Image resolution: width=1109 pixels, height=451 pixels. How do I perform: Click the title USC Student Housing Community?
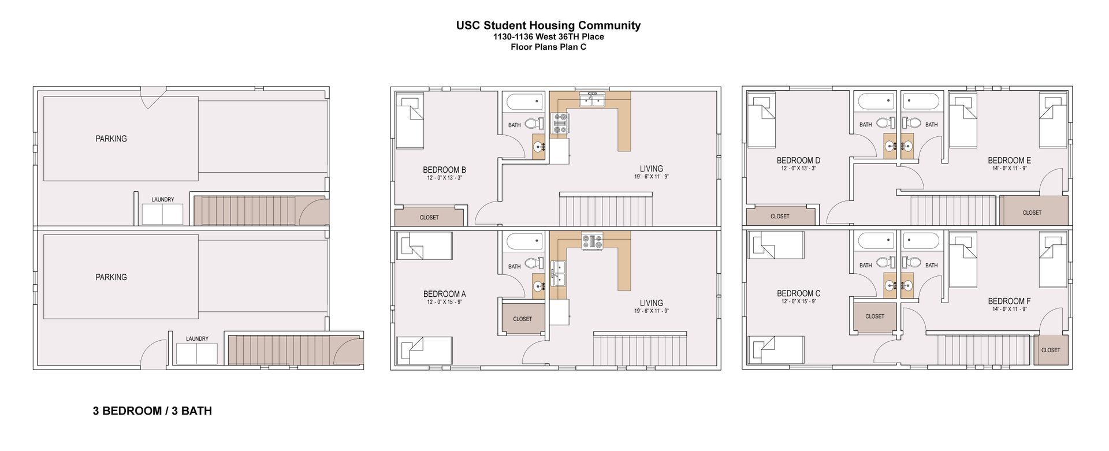[x=548, y=25]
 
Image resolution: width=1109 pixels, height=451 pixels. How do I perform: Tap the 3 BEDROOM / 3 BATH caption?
[x=152, y=411]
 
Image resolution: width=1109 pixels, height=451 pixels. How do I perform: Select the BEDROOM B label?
[x=444, y=170]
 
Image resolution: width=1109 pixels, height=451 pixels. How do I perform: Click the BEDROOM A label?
[x=444, y=294]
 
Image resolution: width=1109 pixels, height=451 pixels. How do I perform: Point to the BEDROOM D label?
[x=798, y=161]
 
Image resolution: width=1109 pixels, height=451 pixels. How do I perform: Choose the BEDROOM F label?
[x=1009, y=301]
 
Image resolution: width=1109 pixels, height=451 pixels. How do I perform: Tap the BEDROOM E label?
[x=1009, y=161]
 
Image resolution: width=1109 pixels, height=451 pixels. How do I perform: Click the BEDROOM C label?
[x=798, y=293]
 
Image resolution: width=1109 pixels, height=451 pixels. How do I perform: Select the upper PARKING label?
[x=111, y=139]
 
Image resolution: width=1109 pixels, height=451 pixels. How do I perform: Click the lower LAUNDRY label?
[x=197, y=339]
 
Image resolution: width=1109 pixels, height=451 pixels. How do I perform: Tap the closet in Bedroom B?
[x=429, y=217]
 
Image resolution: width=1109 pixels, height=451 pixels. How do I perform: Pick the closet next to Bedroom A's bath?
[x=522, y=319]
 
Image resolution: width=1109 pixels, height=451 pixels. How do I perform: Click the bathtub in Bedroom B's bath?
[x=524, y=102]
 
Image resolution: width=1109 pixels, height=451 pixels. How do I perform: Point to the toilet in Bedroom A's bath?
[x=535, y=264]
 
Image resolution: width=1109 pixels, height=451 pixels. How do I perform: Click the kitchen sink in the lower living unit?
[x=559, y=273]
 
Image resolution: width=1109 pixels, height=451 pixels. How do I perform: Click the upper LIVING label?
[x=651, y=169]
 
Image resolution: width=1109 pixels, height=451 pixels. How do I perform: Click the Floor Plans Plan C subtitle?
[x=548, y=47]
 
